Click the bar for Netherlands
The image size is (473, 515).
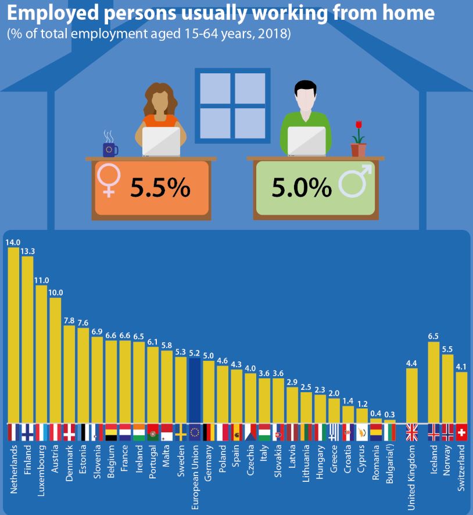[13, 335]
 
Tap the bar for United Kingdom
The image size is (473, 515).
[411, 395]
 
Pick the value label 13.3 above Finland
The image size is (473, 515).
[28, 251]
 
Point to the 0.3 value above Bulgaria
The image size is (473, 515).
[390, 415]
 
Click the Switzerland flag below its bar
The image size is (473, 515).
[461, 432]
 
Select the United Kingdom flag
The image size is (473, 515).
[411, 432]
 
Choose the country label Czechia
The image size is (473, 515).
[250, 461]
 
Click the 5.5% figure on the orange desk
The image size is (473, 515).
[160, 187]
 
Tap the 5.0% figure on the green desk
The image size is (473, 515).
[302, 187]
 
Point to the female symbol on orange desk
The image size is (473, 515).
[109, 180]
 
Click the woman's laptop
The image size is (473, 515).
[161, 141]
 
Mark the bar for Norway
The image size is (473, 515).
[447, 388]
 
